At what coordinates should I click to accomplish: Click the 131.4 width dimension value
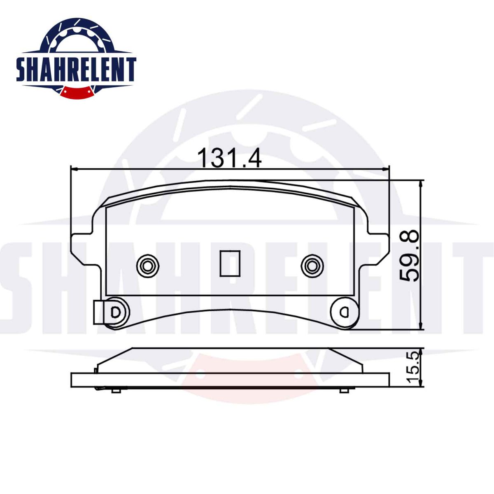230,157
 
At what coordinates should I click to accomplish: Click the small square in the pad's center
230,263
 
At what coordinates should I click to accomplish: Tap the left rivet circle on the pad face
148,266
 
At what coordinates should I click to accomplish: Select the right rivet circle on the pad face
312,266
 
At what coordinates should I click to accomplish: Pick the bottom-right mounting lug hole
344,312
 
